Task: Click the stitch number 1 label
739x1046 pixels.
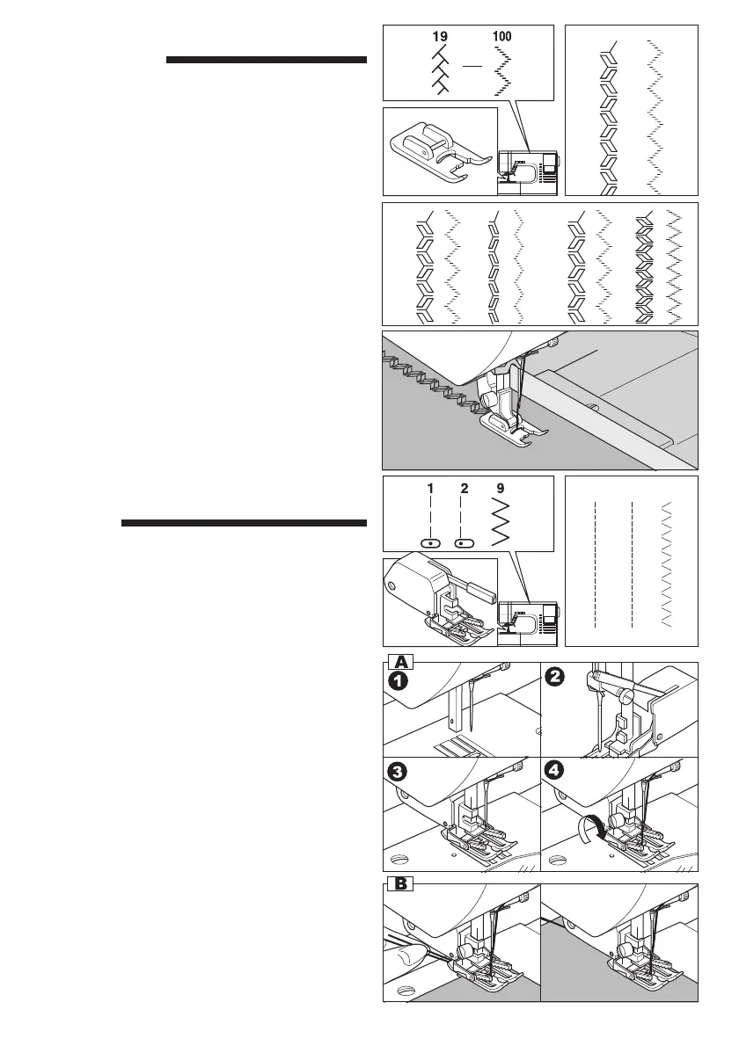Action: [x=431, y=486]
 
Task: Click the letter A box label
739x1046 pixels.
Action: [x=400, y=660]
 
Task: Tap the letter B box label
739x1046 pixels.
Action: [x=400, y=883]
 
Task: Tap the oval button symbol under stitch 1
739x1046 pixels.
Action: [x=431, y=543]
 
